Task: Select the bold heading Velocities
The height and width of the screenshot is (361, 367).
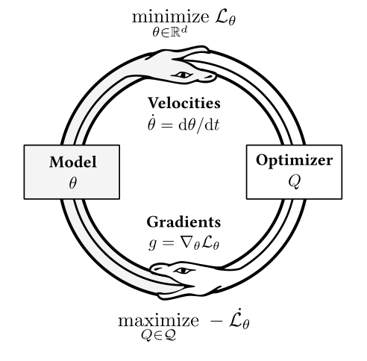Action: point(184,102)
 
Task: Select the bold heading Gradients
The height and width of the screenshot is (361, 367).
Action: point(183,223)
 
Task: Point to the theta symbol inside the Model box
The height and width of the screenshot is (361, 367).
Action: point(72,182)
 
